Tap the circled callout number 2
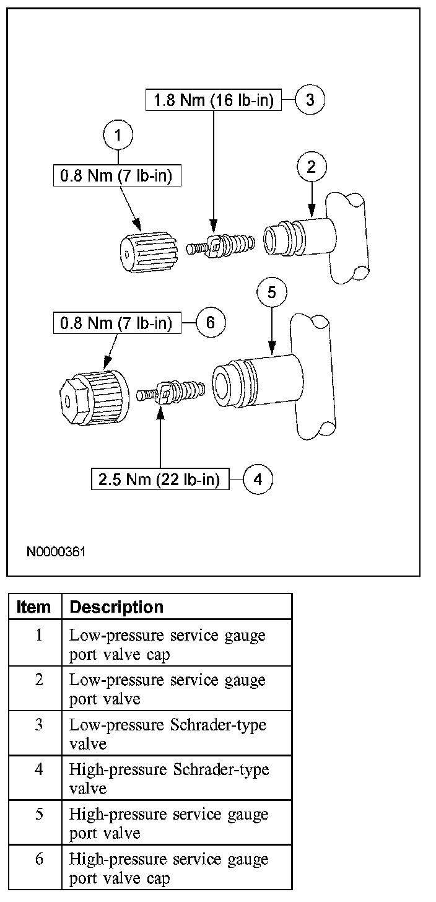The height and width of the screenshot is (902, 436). [312, 166]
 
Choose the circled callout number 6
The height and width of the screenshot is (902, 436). [210, 323]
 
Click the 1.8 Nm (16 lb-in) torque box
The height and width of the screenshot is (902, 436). [213, 100]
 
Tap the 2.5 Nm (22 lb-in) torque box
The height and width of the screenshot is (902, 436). [160, 479]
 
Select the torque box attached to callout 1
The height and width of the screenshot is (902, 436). [116, 177]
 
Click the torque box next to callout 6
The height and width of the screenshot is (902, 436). [116, 323]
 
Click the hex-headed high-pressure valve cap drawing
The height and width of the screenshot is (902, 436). [94, 395]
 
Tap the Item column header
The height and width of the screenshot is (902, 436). [35, 607]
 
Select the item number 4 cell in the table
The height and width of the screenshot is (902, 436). [38, 769]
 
